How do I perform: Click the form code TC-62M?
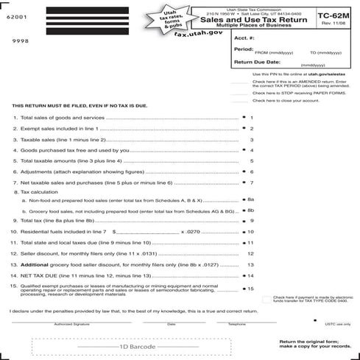pos(333,13)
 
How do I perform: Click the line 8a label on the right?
pos(250,199)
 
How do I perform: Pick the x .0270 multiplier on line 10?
pos(189,231)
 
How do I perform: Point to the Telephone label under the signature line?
pos(236,324)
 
